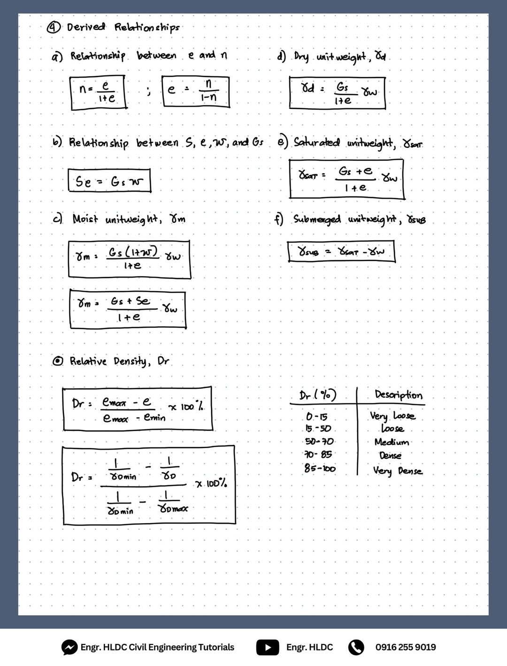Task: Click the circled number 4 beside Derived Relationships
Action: [x=54, y=28]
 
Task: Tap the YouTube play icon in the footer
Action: [x=268, y=647]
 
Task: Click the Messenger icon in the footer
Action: [x=69, y=647]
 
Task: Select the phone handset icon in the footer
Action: [x=356, y=647]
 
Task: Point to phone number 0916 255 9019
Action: [x=406, y=647]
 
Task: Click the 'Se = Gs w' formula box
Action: [x=109, y=181]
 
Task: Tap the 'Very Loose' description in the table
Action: [x=392, y=416]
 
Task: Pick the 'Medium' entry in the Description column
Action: [x=392, y=442]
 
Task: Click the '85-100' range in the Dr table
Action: [x=320, y=468]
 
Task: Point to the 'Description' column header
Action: [x=399, y=395]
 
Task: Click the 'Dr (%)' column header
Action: [x=318, y=395]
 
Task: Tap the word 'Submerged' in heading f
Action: [x=316, y=219]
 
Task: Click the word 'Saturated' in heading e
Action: [x=316, y=142]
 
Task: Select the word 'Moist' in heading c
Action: [x=85, y=218]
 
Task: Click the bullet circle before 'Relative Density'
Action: [x=58, y=361]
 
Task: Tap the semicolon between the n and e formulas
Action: [x=149, y=91]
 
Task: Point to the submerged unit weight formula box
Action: [x=341, y=251]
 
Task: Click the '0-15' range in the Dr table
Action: [x=316, y=417]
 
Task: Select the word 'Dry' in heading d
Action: [x=301, y=57]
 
